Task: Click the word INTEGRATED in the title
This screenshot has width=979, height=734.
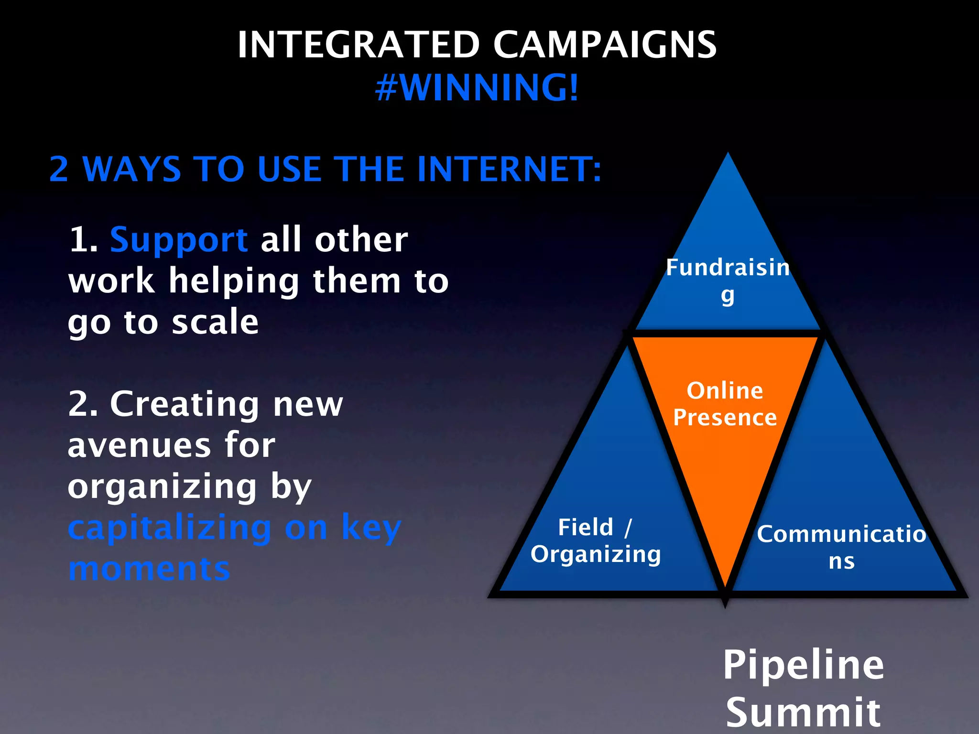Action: [359, 45]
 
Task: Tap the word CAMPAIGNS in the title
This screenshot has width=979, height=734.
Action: [605, 45]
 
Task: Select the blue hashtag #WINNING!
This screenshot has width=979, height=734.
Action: [477, 88]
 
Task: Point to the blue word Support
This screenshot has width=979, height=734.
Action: [179, 240]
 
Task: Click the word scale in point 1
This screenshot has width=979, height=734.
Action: [215, 322]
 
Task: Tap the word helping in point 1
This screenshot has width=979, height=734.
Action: [234, 281]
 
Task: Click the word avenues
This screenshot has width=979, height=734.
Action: [139, 445]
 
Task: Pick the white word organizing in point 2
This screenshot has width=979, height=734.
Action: [163, 487]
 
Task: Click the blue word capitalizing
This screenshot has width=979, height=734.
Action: [170, 529]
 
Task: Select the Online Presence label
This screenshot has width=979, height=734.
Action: [725, 404]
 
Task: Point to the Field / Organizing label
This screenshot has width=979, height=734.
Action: [596, 541]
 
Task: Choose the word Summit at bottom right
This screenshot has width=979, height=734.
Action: [803, 712]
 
